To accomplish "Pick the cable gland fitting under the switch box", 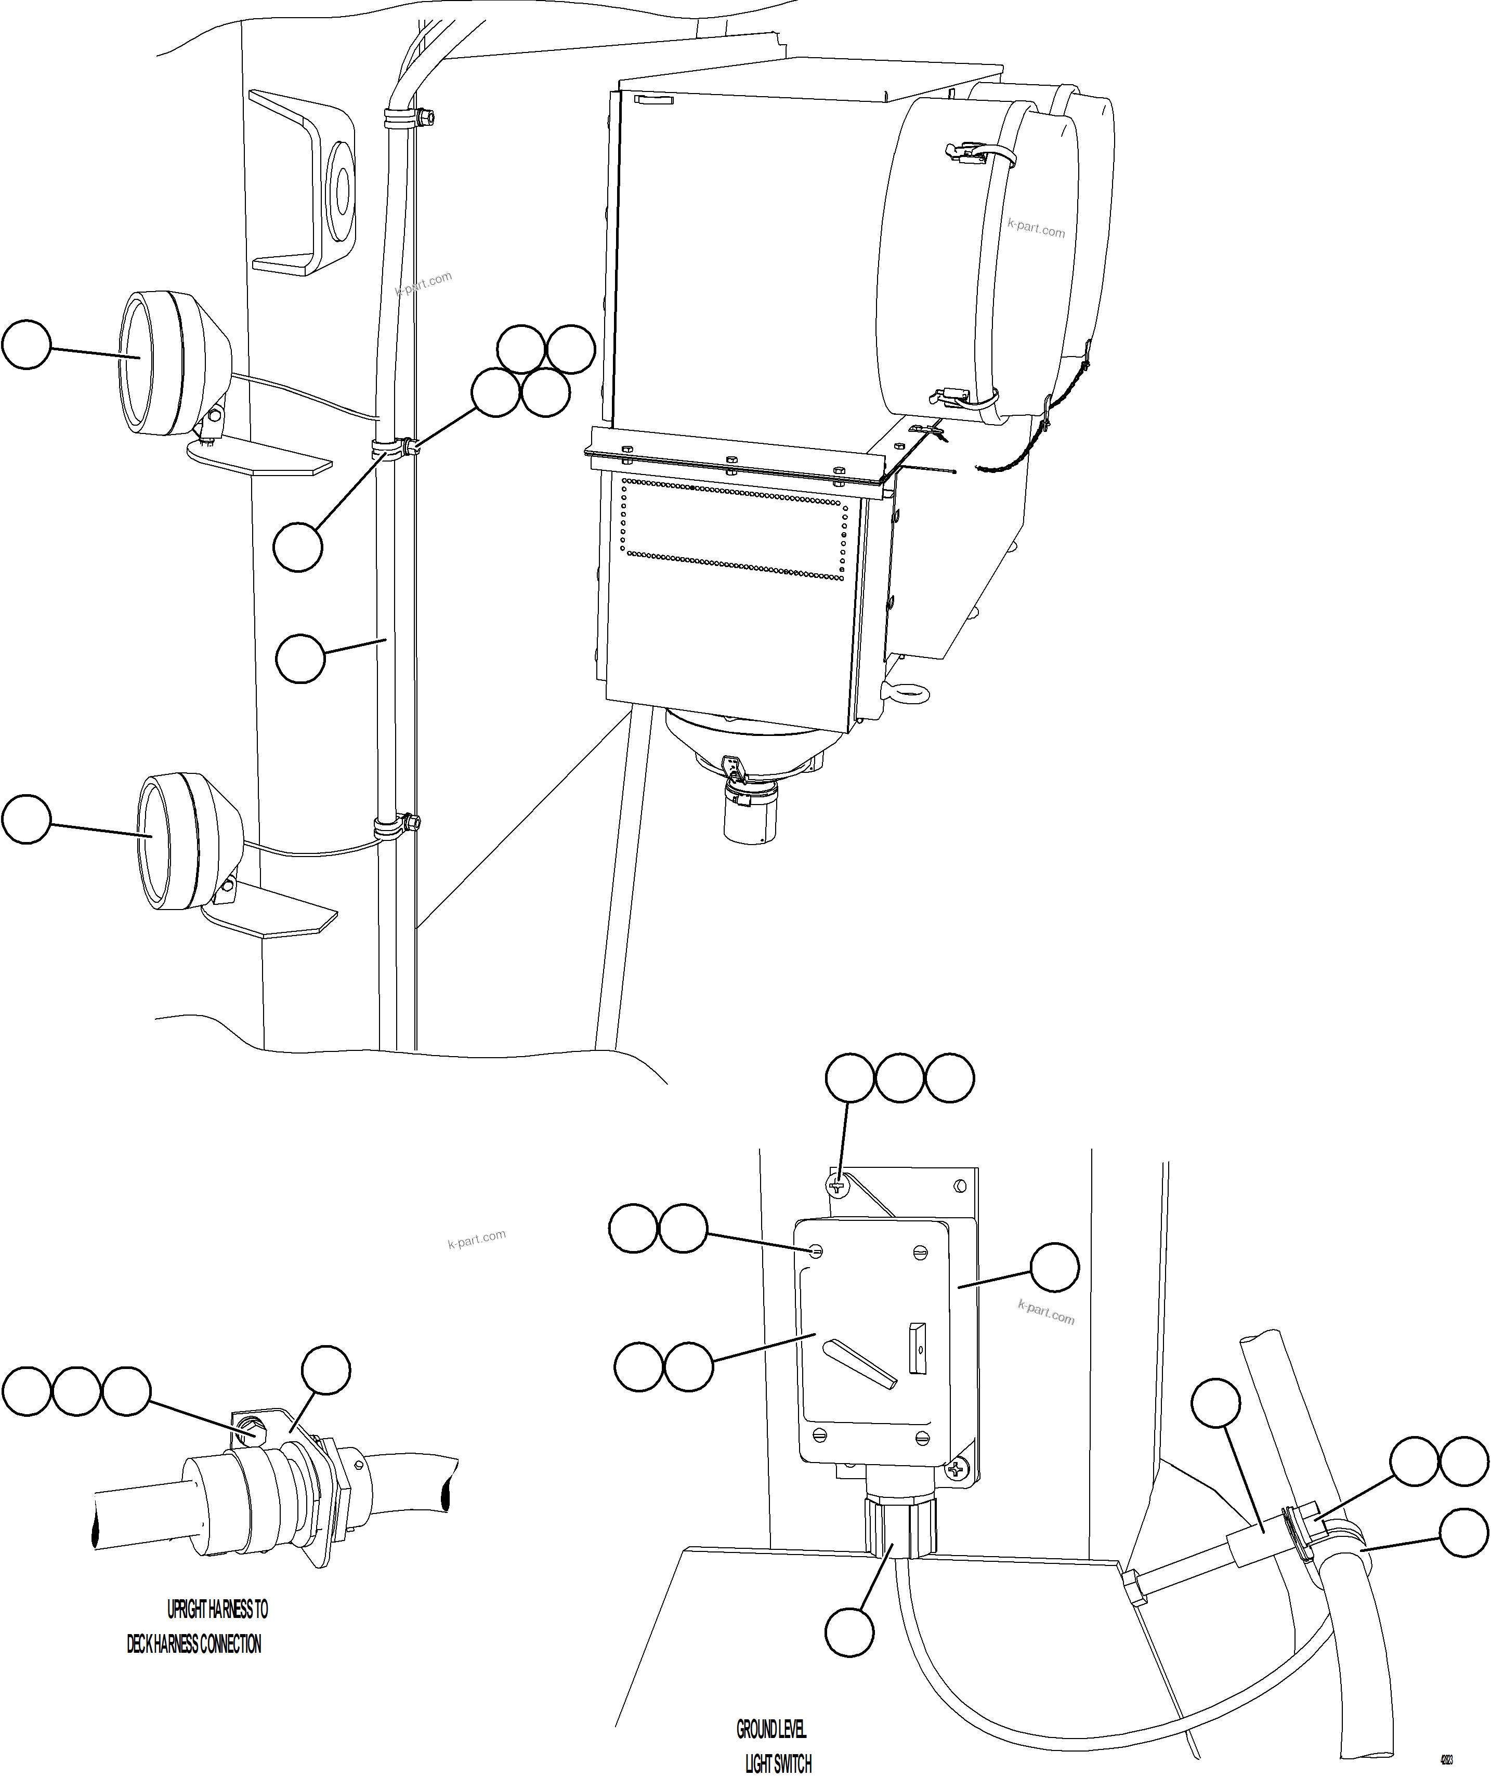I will pos(900,1521).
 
